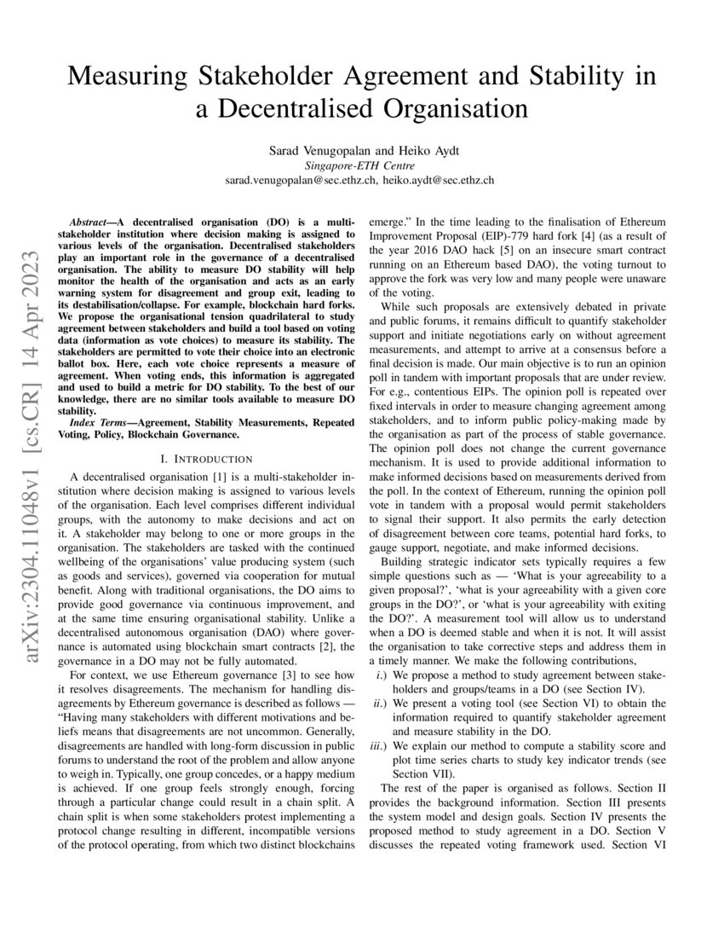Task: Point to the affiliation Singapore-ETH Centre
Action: pos(361,165)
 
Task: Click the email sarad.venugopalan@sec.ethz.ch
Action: pos(301,181)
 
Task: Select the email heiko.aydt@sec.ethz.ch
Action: pos(439,181)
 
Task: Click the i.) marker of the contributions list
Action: pos(382,675)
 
